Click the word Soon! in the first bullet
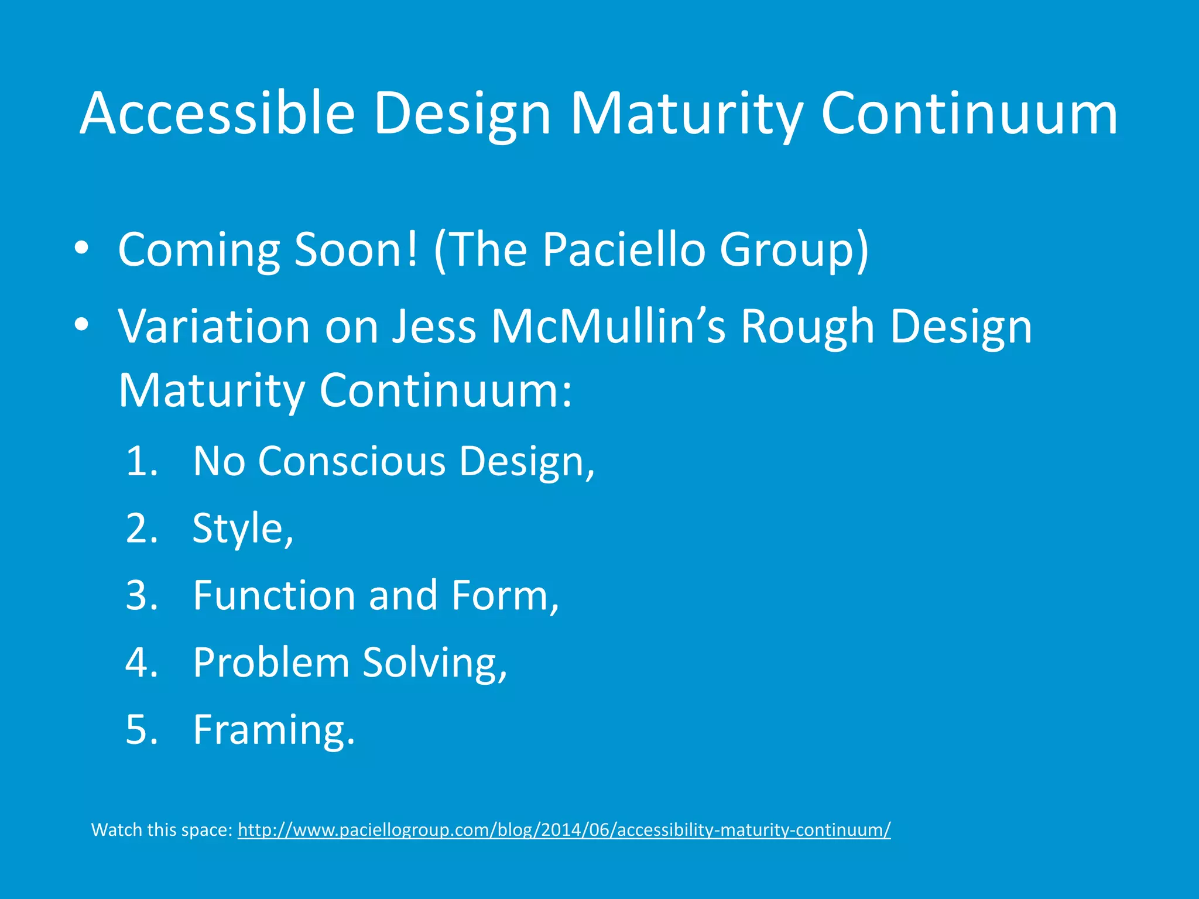[x=357, y=249]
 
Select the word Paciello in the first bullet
[x=624, y=249]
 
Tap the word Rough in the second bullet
[x=807, y=326]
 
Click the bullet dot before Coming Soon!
[x=82, y=248]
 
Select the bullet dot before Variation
[x=82, y=325]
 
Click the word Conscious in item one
[x=352, y=461]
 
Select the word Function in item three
[x=274, y=595]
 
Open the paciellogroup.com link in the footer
[x=564, y=830]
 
